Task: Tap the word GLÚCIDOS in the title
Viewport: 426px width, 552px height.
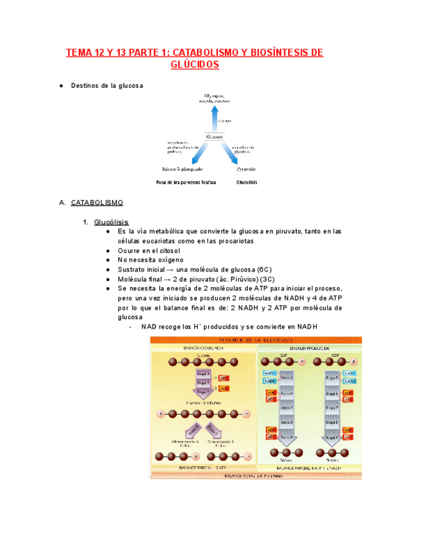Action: [x=194, y=65]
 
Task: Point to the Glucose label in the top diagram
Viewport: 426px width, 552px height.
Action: [x=214, y=137]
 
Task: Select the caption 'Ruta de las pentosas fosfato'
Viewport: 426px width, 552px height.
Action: [x=187, y=182]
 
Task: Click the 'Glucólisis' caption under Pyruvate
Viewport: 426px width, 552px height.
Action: [x=246, y=182]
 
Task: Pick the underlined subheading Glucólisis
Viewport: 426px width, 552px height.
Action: [x=111, y=222]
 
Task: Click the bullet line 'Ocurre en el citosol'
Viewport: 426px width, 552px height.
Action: [x=149, y=250]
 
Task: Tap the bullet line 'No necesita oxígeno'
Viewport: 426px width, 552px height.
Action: [x=150, y=260]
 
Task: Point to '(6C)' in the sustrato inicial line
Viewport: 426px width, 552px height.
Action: [x=264, y=269]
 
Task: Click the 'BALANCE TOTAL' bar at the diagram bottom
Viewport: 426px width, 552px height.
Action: [x=258, y=475]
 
